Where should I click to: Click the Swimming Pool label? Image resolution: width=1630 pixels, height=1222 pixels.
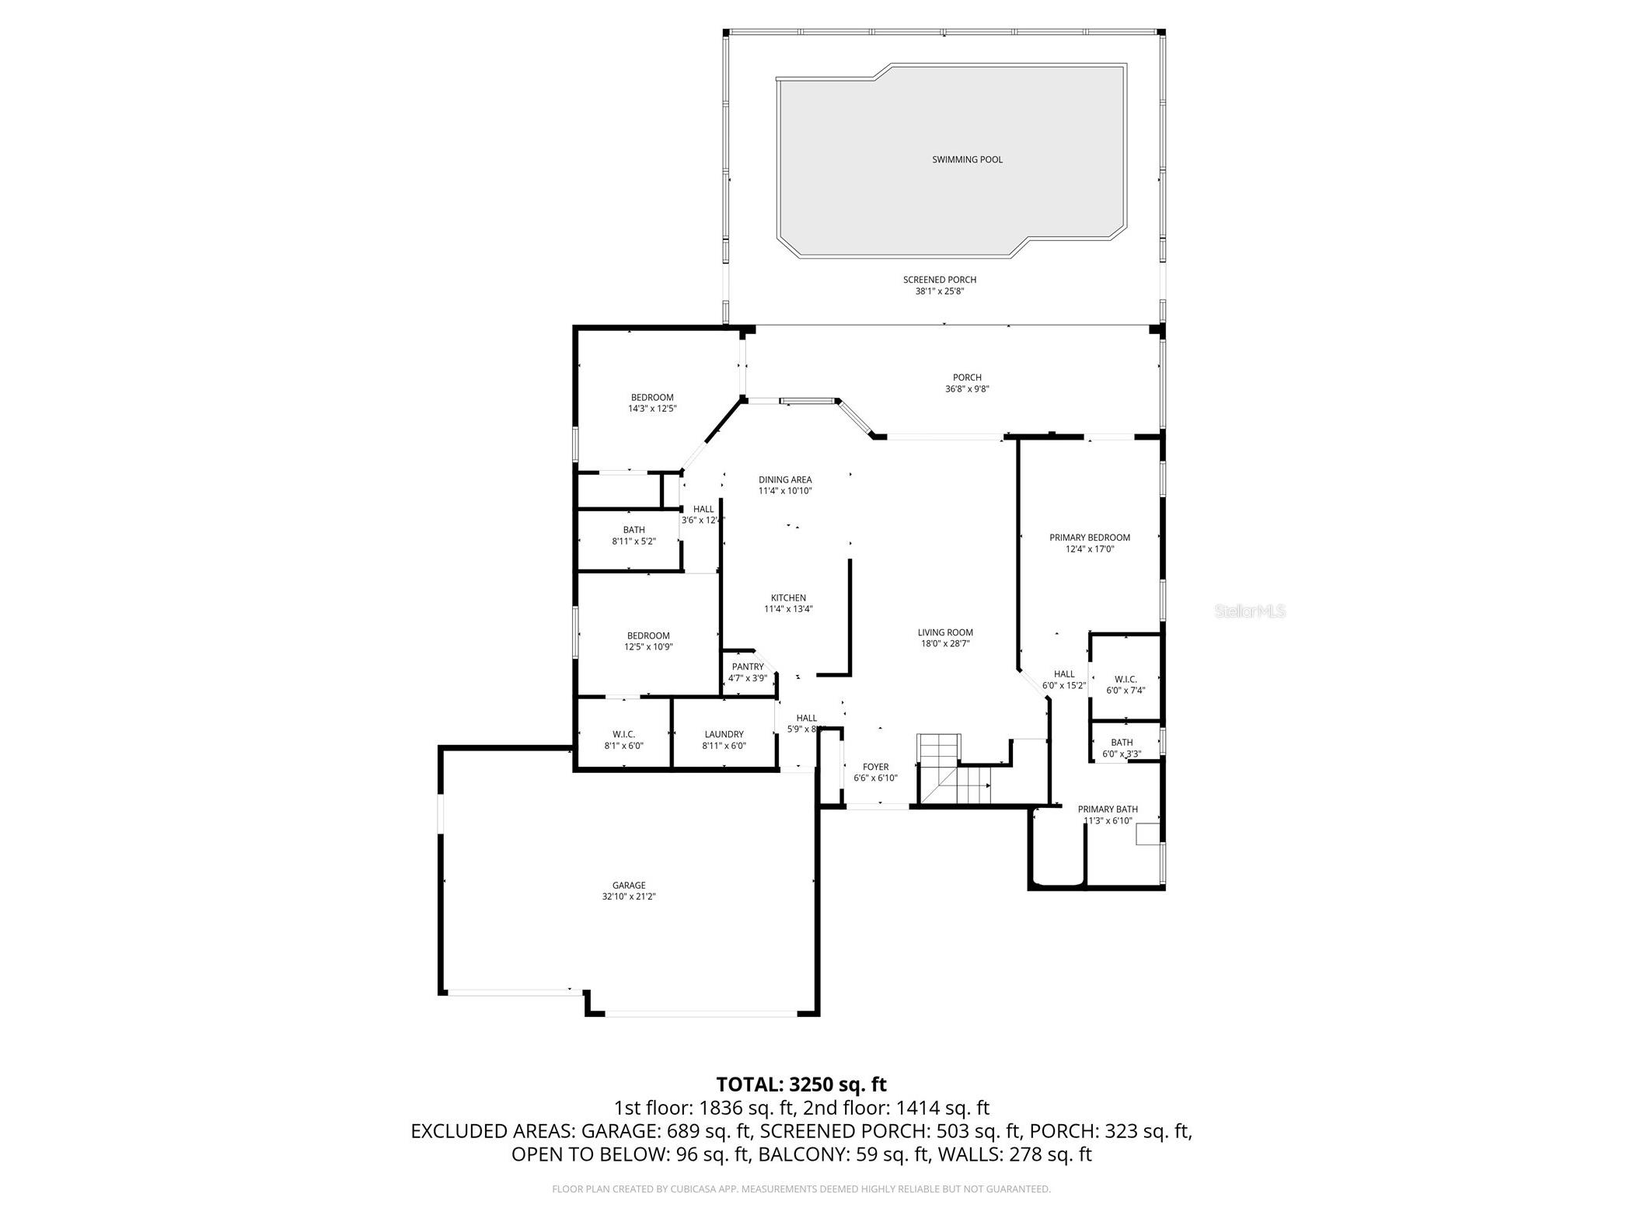click(x=967, y=160)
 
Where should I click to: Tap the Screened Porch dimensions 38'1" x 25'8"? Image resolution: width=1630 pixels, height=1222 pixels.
click(x=939, y=291)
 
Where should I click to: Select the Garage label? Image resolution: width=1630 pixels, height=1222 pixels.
click(x=628, y=885)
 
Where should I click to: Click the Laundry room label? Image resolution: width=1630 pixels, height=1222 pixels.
click(x=724, y=734)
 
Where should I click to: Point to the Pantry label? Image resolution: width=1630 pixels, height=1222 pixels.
click(x=747, y=667)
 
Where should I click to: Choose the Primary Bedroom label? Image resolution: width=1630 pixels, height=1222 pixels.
click(x=1089, y=538)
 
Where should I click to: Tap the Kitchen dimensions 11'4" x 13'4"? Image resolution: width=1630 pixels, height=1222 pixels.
click(x=788, y=609)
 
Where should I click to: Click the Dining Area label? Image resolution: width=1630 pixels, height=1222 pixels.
click(x=785, y=480)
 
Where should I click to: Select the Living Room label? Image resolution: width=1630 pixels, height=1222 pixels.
click(x=944, y=632)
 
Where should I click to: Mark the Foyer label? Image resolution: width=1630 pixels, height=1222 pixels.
click(x=875, y=767)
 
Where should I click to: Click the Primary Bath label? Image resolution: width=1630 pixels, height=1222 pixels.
click(x=1107, y=809)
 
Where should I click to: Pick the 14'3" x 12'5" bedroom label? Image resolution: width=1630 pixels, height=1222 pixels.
click(x=651, y=398)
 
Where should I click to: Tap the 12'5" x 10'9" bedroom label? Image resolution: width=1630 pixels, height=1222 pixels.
click(x=647, y=635)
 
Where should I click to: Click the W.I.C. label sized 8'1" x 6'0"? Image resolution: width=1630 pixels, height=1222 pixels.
click(x=623, y=734)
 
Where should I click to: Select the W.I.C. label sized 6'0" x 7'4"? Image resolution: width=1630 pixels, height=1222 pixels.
click(x=1125, y=679)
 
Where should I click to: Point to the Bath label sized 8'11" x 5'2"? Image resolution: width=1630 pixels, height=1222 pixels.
click(x=634, y=530)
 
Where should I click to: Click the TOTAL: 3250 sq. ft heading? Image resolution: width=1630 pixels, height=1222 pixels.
click(x=801, y=1084)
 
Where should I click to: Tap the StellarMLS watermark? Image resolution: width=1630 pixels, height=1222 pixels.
click(x=1249, y=611)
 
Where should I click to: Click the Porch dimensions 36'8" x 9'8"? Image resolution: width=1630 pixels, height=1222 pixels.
click(x=966, y=389)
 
